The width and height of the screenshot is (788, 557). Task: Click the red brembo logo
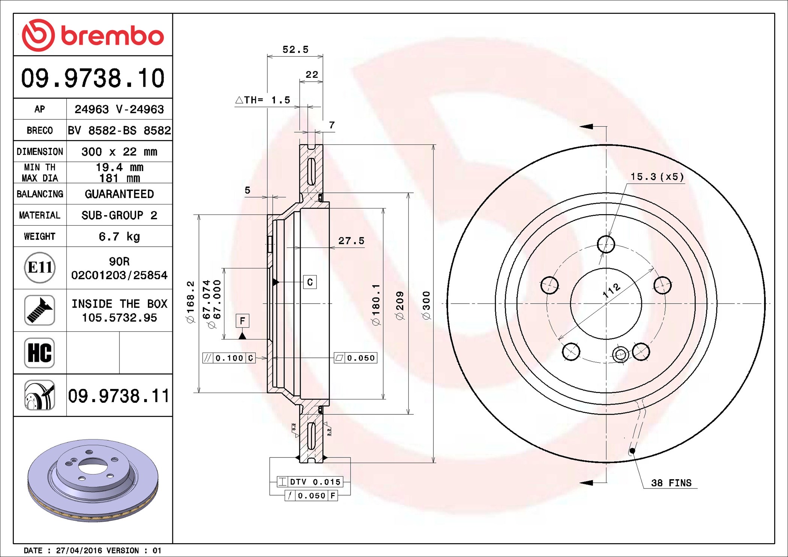[x=93, y=35]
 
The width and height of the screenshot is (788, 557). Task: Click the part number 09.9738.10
[x=93, y=78]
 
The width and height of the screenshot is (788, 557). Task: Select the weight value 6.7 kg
[x=119, y=237]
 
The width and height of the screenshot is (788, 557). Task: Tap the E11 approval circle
[x=40, y=268]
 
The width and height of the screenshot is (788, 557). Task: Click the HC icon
[x=39, y=353]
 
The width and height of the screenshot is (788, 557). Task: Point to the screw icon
[x=39, y=310]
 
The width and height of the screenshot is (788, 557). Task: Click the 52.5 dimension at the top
[x=295, y=49]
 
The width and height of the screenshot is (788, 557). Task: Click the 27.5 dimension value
[x=351, y=241]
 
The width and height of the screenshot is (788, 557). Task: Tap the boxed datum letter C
[x=310, y=282]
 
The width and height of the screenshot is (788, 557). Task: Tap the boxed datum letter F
[x=242, y=321]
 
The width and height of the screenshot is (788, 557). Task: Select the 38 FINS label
[x=671, y=483]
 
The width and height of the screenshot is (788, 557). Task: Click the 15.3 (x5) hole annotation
[x=657, y=177]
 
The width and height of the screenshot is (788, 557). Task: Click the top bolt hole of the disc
[x=606, y=244]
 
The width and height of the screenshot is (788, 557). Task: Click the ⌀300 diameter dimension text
[x=426, y=305]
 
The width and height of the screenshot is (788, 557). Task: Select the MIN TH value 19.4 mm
[x=119, y=167]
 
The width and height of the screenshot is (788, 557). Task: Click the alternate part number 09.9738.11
[x=119, y=396]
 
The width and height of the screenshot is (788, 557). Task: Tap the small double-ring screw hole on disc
[x=620, y=354]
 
